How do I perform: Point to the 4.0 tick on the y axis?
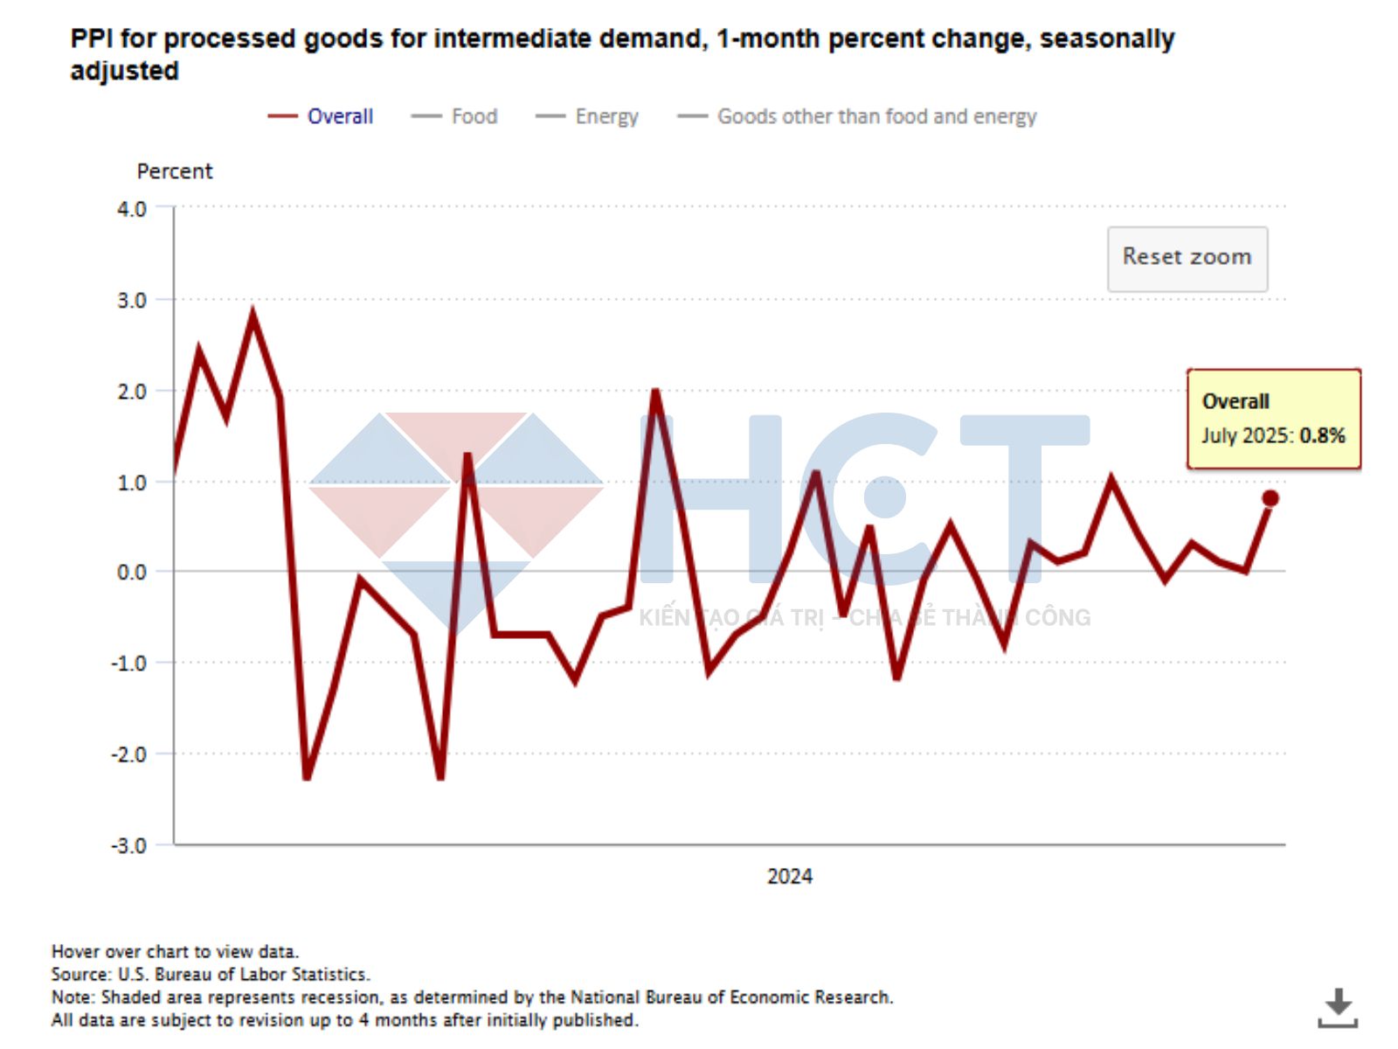coord(132,209)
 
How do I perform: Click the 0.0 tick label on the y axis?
coord(132,572)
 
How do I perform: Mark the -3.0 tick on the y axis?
coord(129,845)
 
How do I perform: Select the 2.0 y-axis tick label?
coord(132,391)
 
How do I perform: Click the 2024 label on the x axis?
coord(789,876)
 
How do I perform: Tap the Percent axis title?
coord(175,171)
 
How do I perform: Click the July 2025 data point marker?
coord(1270,498)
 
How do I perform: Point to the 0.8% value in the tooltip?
coord(1322,435)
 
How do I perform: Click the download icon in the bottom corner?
coord(1337,1007)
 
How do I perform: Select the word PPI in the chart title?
coord(91,38)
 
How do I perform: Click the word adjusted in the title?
coord(124,71)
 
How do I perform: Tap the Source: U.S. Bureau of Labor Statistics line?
coord(211,974)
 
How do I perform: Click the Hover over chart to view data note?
coord(175,951)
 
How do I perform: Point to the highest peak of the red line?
coord(253,315)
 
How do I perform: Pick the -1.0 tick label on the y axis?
coord(129,663)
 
